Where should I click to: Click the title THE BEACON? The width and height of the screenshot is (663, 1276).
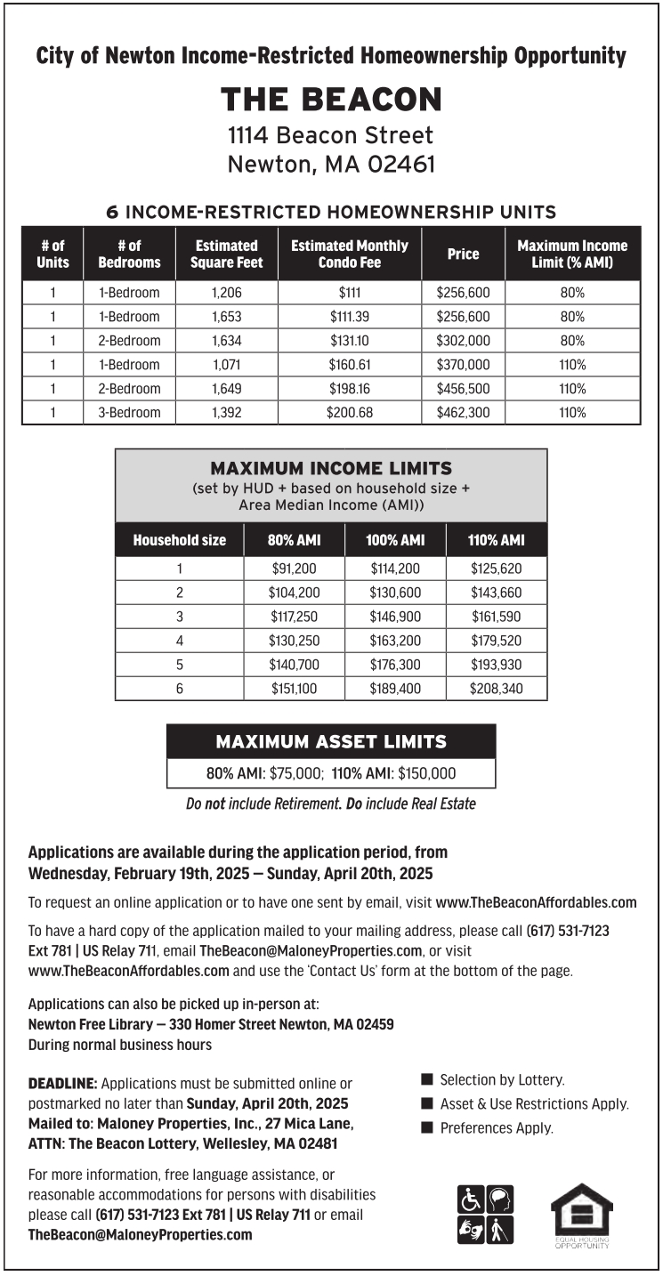click(331, 100)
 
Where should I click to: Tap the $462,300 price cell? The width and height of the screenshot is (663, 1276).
click(463, 413)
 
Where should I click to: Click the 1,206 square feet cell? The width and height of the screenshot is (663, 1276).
click(227, 293)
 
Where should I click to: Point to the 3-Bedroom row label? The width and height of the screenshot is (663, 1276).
click(129, 413)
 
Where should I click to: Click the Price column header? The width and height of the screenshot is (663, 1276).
click(463, 254)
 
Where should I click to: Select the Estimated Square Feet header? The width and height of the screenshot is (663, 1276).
click(227, 254)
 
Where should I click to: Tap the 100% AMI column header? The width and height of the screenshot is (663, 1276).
click(395, 540)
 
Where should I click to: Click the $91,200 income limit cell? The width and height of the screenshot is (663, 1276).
click(294, 569)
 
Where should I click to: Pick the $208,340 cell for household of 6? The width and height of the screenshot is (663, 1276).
click(497, 689)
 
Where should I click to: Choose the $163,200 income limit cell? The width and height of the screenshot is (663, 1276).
click(395, 641)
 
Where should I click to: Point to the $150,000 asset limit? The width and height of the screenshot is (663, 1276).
click(426, 774)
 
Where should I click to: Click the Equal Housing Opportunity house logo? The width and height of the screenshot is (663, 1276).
click(581, 1212)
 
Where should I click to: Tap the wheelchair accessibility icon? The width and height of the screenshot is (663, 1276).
click(471, 1199)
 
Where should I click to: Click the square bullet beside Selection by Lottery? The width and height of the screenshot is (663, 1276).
click(426, 1080)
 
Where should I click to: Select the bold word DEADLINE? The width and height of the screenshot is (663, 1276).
click(63, 1084)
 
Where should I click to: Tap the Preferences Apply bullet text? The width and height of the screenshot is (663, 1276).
click(496, 1128)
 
